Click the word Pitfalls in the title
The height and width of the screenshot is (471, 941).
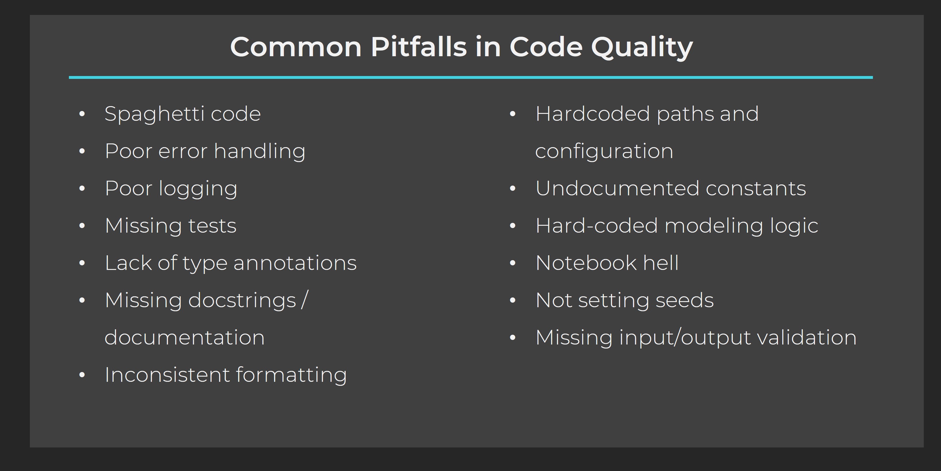pyautogui.click(x=418, y=47)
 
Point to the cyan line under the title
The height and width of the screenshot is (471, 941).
pyautogui.click(x=470, y=77)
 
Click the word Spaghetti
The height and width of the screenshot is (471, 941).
pyautogui.click(x=154, y=114)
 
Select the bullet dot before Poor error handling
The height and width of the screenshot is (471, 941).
pyautogui.click(x=82, y=151)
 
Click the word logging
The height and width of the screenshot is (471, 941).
pyautogui.click(x=198, y=189)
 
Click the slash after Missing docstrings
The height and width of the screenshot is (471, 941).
pyautogui.click(x=305, y=300)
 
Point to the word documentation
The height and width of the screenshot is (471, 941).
pyautogui.click(x=185, y=337)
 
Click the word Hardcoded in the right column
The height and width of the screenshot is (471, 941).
pyautogui.click(x=593, y=114)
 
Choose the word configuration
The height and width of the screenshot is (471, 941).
pyautogui.click(x=604, y=151)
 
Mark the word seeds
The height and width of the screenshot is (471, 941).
pyautogui.click(x=684, y=300)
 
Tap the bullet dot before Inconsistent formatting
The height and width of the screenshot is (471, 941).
pyautogui.click(x=82, y=375)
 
